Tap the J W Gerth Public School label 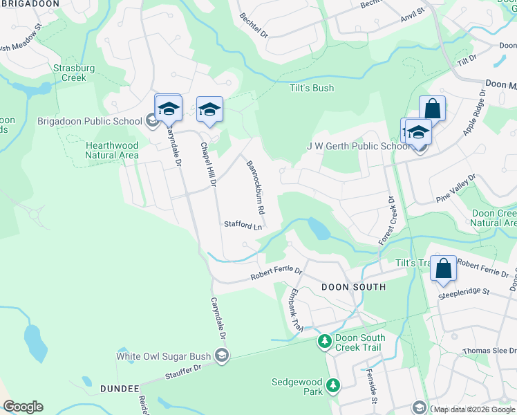(x=358, y=146)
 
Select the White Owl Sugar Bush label (x=163, y=357)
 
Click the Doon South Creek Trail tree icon (x=324, y=342)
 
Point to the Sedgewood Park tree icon (x=333, y=385)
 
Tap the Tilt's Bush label (x=312, y=88)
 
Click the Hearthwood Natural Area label (x=112, y=150)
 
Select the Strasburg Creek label (x=70, y=73)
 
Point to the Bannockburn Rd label (x=256, y=187)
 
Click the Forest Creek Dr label (x=386, y=220)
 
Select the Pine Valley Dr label (x=456, y=189)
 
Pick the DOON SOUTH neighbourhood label (x=353, y=286)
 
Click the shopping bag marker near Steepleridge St (x=443, y=268)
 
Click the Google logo (x=23, y=407)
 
